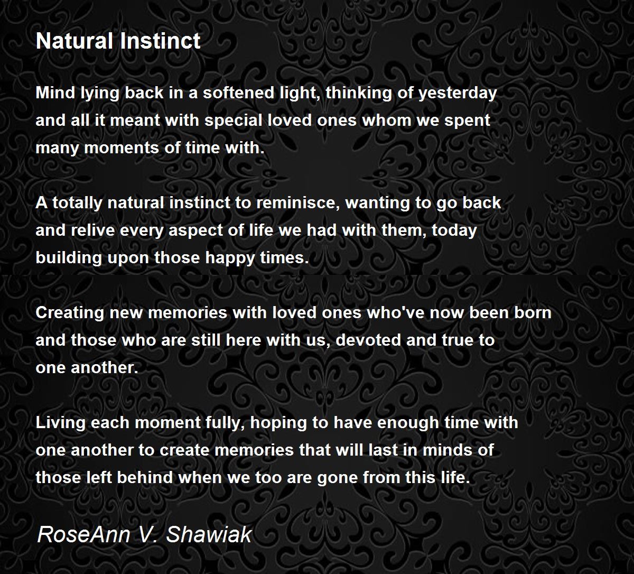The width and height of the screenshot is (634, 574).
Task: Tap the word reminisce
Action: click(x=298, y=203)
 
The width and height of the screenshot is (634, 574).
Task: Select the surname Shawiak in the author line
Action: click(x=209, y=534)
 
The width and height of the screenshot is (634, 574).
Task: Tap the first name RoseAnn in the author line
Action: click(x=84, y=534)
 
